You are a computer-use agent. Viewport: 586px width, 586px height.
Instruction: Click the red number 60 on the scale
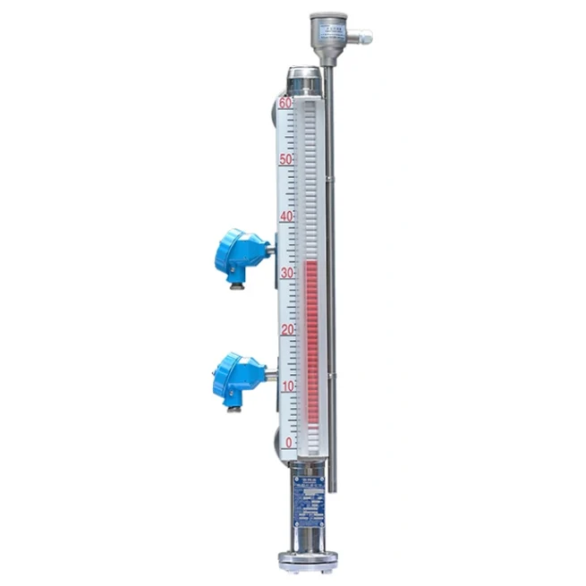(285, 103)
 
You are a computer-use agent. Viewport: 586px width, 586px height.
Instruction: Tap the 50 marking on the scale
(285, 159)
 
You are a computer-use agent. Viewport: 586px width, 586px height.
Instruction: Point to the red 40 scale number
(285, 217)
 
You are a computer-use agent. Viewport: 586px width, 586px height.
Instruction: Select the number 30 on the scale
(285, 273)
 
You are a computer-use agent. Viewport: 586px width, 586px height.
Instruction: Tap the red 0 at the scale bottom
(288, 442)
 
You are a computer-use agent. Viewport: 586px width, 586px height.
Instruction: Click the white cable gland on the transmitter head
(362, 38)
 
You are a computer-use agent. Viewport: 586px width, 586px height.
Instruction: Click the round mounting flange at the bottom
(307, 561)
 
